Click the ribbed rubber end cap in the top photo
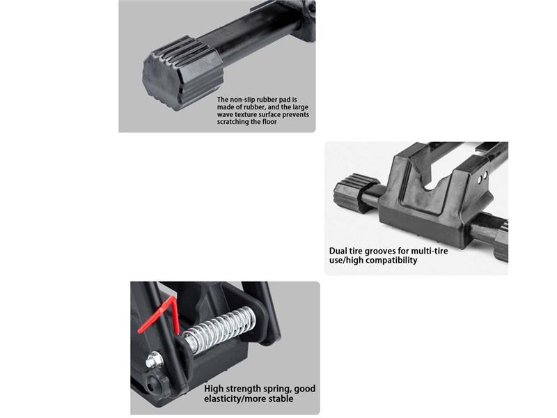point(183,73)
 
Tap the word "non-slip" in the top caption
point(242,100)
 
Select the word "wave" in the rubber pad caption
point(225,114)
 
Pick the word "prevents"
point(295,115)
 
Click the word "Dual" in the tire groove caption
point(338,251)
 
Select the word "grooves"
point(379,251)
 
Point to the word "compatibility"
point(391,261)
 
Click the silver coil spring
point(219,330)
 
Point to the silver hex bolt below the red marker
point(155,359)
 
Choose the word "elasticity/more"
point(235,398)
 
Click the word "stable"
point(281,398)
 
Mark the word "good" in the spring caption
point(304,389)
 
